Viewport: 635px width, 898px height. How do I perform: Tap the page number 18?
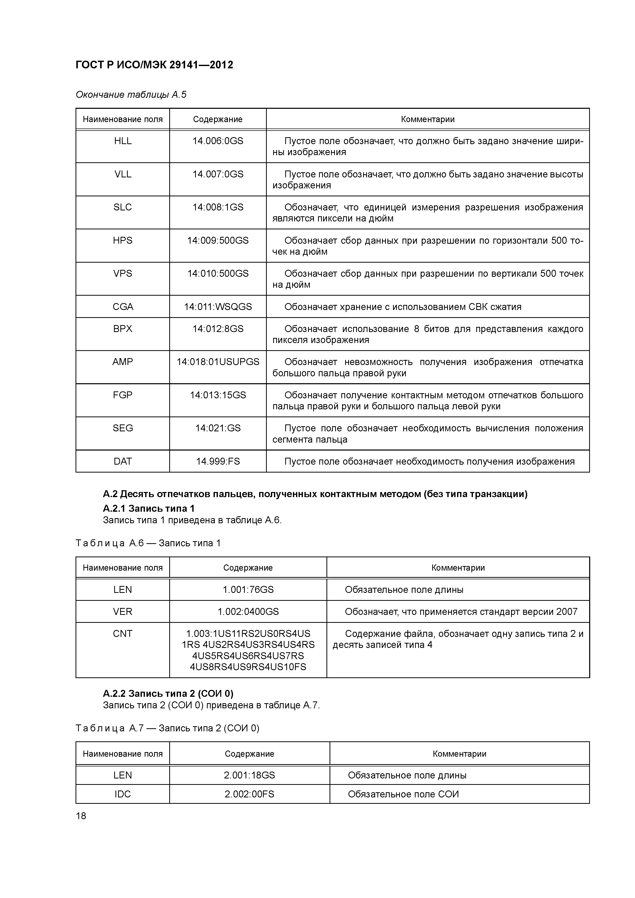tap(81, 816)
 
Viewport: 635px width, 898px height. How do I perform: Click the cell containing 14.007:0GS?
tap(218, 174)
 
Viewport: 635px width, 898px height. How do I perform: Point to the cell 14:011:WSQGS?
tap(218, 307)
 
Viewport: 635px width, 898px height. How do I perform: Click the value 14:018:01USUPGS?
tap(218, 362)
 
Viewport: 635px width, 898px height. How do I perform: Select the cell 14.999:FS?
tap(218, 462)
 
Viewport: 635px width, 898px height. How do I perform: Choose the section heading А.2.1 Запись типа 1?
tap(149, 508)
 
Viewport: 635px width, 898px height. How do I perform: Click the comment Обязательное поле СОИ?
tap(403, 794)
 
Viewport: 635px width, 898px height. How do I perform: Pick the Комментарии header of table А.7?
tap(459, 754)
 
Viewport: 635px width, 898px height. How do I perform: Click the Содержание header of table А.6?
tap(248, 568)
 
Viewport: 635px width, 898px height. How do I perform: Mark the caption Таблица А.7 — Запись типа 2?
tap(167, 728)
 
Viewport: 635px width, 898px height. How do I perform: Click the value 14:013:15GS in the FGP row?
tap(218, 395)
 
